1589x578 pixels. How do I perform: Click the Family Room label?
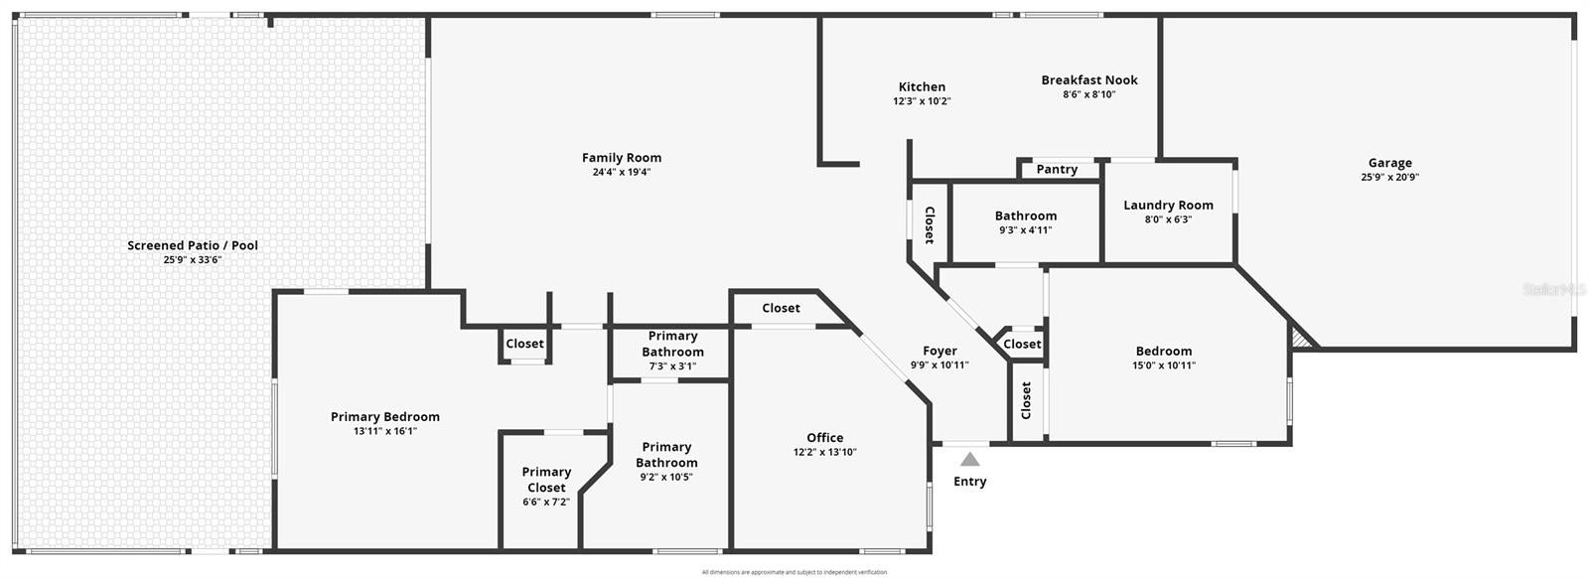click(x=621, y=158)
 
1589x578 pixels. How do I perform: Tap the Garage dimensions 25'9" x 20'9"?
click(x=1389, y=178)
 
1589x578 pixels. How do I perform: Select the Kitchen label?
click(x=922, y=87)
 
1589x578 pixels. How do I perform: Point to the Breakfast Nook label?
click(x=1089, y=80)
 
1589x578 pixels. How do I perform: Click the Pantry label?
click(x=1057, y=170)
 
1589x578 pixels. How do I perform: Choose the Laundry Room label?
click(x=1168, y=206)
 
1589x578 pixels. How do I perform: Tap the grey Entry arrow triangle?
click(x=970, y=459)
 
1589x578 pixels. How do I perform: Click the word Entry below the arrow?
click(x=970, y=482)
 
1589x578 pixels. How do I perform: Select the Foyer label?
click(x=939, y=351)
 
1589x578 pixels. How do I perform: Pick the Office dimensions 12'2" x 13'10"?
click(x=824, y=452)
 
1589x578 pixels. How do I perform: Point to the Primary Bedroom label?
click(x=385, y=417)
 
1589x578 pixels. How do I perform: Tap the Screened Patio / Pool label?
click(x=193, y=245)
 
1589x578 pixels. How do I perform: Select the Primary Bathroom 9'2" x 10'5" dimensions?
click(x=666, y=477)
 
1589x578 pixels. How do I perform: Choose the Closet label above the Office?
click(x=781, y=309)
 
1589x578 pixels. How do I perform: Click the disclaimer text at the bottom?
click(x=794, y=572)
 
